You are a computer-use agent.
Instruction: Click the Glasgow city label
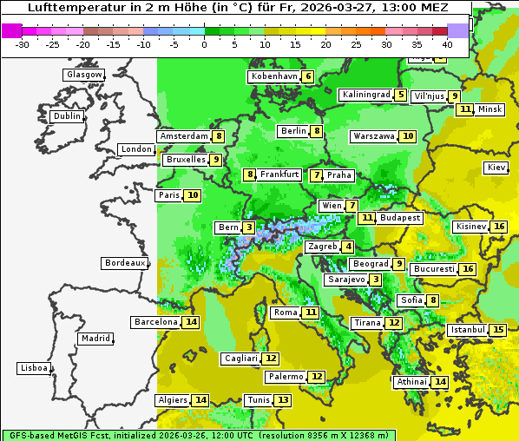point(83,75)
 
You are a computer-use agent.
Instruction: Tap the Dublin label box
point(67,116)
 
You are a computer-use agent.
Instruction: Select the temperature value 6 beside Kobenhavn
point(308,76)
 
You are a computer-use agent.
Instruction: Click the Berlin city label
point(293,131)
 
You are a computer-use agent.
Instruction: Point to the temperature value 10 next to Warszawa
point(408,136)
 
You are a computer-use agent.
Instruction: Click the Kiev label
point(496,168)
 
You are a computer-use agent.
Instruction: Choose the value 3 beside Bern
point(249,227)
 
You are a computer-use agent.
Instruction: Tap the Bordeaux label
point(125,263)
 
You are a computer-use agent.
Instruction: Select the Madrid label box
point(95,339)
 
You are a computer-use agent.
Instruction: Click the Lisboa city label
point(34,368)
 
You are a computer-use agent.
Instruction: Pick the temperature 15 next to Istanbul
point(498,330)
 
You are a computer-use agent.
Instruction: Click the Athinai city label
point(411,382)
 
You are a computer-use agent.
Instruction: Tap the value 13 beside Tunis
point(284,400)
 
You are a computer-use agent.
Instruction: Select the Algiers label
point(172,400)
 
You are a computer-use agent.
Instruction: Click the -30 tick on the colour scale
point(23,43)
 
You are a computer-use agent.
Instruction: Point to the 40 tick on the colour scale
point(447,43)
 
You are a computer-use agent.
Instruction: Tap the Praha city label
point(339,175)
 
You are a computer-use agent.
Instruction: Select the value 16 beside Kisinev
point(498,227)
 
